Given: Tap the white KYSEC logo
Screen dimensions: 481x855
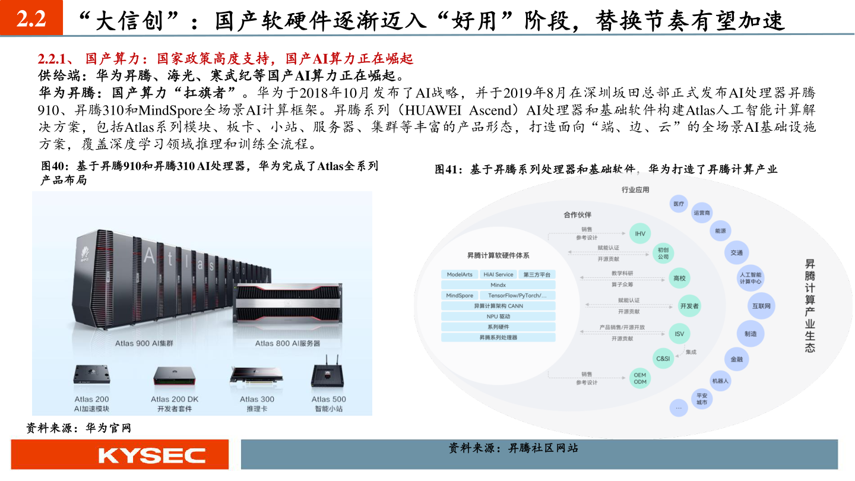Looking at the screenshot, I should (152, 455).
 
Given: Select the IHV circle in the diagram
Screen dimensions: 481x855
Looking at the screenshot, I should (639, 233).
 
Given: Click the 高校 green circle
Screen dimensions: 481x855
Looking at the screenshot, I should (680, 278).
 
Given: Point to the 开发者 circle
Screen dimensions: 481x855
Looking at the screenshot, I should (689, 306).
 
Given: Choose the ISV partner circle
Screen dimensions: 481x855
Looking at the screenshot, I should (679, 334).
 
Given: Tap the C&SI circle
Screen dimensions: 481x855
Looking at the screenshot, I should (663, 359).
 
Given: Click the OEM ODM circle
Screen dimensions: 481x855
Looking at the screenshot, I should (639, 378).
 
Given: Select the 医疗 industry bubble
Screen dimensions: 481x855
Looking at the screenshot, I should (679, 204).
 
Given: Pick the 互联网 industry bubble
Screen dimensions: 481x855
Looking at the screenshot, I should (761, 306).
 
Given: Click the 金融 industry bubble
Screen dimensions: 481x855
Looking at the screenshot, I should (736, 359).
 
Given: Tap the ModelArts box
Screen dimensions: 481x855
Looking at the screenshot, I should (460, 274).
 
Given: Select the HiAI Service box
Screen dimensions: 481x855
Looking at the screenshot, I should (498, 274).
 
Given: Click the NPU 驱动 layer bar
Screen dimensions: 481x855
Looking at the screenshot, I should (498, 317).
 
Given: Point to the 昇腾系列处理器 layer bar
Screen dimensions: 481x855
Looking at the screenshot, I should (498, 337).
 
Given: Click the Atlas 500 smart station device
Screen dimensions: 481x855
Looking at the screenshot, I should (328, 375).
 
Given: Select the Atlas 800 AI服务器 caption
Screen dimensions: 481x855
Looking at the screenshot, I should (287, 343).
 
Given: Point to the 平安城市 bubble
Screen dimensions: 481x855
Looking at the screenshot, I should (702, 398).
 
